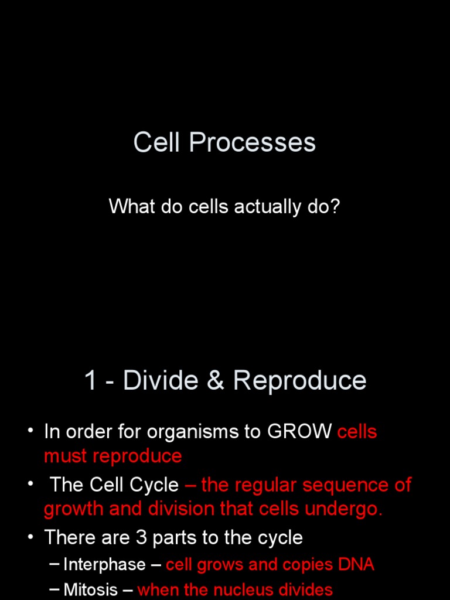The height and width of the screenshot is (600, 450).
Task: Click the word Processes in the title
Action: [252, 142]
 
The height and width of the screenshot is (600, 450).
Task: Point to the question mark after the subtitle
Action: [335, 206]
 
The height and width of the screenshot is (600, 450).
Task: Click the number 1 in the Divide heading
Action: [90, 380]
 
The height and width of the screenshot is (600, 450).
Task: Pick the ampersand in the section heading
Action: [216, 380]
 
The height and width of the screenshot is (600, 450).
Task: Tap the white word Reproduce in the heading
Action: [299, 380]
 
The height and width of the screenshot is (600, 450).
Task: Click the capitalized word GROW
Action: [299, 432]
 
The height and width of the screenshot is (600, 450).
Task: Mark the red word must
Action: [66, 456]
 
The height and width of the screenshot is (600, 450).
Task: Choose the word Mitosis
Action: [90, 589]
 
